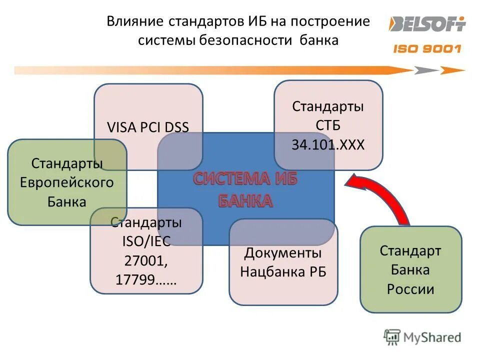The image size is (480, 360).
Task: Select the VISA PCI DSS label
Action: point(148,127)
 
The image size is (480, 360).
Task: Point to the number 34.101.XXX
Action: point(328,145)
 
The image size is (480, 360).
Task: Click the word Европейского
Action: point(67,182)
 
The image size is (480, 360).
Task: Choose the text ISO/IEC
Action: point(146,241)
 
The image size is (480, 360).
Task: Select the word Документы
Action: point(283,252)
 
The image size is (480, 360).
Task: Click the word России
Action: point(410,289)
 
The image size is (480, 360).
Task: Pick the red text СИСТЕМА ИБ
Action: point(245,179)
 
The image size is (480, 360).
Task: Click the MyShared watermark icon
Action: point(392,337)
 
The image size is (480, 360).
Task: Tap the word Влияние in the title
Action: point(135,21)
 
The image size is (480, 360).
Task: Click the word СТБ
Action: point(328,125)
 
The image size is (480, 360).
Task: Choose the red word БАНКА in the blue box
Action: point(245,201)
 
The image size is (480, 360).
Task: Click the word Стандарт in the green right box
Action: point(410,250)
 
